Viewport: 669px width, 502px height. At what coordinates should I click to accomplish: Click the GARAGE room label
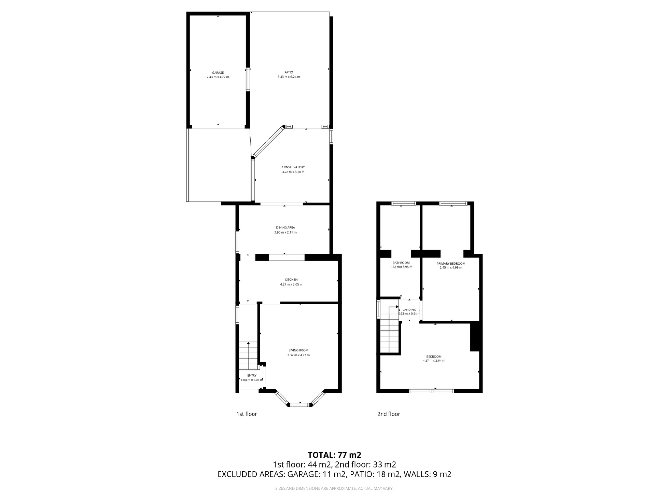[218, 73]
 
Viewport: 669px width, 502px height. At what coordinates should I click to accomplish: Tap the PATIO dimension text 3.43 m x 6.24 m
[288, 77]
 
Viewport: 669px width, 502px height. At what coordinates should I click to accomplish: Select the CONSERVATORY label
[293, 167]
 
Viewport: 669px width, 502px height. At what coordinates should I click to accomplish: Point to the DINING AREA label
[286, 228]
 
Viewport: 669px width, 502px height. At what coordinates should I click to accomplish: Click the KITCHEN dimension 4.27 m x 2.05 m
[291, 284]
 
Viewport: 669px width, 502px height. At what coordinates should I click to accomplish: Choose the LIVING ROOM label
[298, 350]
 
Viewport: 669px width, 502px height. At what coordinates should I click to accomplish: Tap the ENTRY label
[252, 375]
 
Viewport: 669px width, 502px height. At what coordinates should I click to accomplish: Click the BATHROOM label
[401, 263]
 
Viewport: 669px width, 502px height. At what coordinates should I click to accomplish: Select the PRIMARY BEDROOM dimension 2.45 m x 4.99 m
[451, 267]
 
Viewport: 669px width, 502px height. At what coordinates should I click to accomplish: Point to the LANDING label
[409, 310]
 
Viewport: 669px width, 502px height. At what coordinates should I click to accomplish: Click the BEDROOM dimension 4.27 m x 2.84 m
[434, 361]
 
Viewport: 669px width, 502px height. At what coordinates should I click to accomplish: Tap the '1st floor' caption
[247, 414]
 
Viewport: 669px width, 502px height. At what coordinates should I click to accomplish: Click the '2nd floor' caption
[388, 414]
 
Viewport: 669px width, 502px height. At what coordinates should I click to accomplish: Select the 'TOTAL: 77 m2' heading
[334, 455]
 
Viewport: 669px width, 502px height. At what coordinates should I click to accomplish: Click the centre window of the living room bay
[300, 405]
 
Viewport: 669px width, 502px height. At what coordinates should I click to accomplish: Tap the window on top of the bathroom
[404, 203]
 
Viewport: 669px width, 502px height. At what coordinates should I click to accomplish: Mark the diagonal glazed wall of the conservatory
[269, 142]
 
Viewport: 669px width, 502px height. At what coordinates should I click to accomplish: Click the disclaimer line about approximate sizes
[334, 488]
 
